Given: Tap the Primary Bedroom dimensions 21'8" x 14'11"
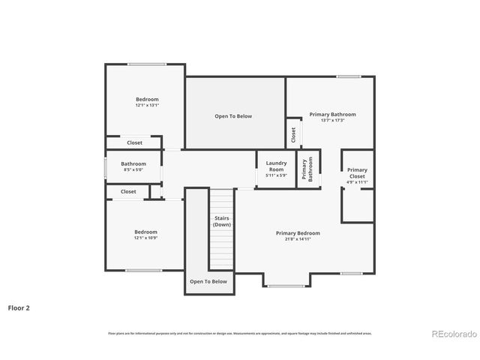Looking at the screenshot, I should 298,239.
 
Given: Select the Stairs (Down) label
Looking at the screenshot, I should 221,221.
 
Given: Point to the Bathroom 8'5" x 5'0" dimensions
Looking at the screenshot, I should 133,170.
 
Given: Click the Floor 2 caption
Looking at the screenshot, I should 19,307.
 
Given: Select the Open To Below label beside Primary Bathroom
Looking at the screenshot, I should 233,116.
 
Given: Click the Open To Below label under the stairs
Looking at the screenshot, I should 208,281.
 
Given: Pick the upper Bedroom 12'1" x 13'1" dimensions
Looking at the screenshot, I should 147,106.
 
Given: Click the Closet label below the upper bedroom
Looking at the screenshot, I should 134,142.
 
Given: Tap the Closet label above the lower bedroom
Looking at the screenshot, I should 128,191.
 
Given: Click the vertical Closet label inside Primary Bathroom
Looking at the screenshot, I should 293,135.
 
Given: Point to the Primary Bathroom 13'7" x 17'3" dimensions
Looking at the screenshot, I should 332,121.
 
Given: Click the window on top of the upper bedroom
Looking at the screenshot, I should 146,64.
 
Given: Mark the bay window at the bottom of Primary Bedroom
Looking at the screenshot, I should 286,286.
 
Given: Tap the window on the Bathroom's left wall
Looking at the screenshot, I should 104,167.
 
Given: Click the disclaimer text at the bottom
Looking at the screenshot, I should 239,333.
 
